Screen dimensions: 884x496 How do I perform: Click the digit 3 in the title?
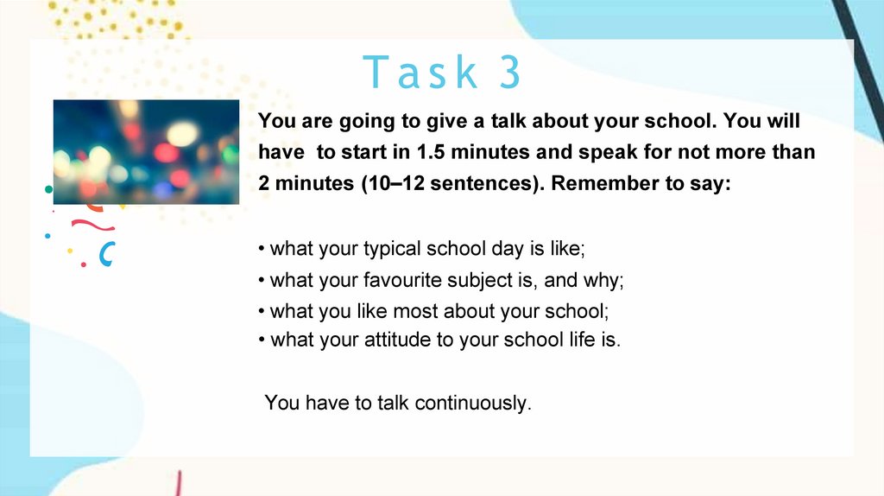pyautogui.click(x=509, y=72)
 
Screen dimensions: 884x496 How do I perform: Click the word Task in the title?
pyautogui.click(x=420, y=72)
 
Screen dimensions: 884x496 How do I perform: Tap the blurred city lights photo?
pyautogui.click(x=146, y=152)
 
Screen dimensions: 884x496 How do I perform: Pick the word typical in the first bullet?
pyautogui.click(x=392, y=249)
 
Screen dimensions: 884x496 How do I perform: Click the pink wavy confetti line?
pyautogui.click(x=93, y=226)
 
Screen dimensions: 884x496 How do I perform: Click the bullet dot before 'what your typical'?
pyautogui.click(x=262, y=249)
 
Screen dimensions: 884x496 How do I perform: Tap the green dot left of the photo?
pyautogui.click(x=49, y=189)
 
